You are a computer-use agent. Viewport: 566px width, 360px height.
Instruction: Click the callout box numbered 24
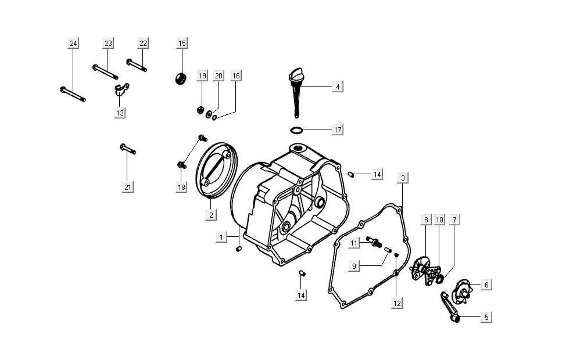[x=73, y=44]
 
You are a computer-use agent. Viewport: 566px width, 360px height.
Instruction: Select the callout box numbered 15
[x=182, y=44]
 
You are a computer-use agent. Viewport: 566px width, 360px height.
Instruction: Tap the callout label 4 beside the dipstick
[x=337, y=87]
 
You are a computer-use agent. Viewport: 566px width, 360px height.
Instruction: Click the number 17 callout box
[x=337, y=129]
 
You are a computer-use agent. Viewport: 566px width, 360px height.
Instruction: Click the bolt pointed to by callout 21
[x=128, y=150]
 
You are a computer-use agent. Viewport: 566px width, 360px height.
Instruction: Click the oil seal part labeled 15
[x=181, y=78]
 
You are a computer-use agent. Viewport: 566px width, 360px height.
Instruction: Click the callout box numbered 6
[x=486, y=285]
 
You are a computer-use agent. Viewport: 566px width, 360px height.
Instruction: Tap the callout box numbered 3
[x=403, y=178]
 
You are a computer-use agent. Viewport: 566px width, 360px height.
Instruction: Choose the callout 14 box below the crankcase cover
[x=300, y=295]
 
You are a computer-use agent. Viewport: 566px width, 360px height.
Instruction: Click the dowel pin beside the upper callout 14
[x=351, y=174]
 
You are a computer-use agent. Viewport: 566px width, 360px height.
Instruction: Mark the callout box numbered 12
[x=396, y=303]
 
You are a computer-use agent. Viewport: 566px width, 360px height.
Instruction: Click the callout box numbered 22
[x=144, y=44]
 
